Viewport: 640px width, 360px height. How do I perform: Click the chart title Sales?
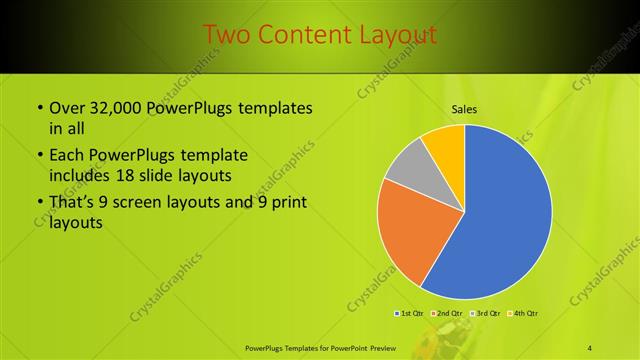(x=464, y=108)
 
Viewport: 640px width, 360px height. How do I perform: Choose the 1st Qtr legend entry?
(x=410, y=314)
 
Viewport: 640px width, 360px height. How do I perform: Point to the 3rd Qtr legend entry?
(x=485, y=314)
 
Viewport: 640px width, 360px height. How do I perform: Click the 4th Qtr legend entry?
(x=522, y=314)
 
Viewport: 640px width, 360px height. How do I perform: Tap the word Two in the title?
(x=227, y=35)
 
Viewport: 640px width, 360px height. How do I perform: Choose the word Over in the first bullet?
(x=67, y=108)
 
